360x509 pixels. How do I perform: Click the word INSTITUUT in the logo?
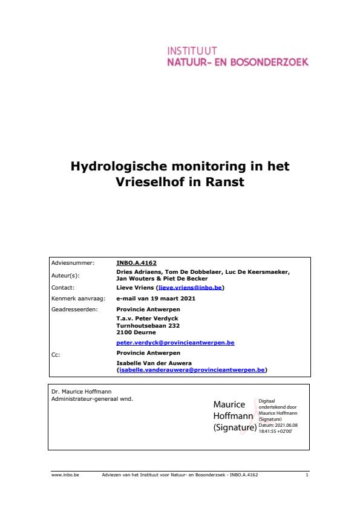(x=192, y=51)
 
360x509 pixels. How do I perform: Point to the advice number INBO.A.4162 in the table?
(x=136, y=263)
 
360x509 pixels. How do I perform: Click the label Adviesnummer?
(x=73, y=263)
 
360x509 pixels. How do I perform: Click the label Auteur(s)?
(x=65, y=275)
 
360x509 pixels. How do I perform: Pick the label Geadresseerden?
(x=74, y=309)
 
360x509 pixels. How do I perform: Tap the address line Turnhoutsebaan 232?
(x=143, y=325)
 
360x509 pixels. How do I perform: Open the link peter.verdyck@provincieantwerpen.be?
(x=175, y=343)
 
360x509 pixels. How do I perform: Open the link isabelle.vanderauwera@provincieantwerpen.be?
(x=192, y=369)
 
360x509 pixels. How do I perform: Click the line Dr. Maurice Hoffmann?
(x=81, y=392)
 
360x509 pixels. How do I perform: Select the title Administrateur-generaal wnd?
(x=92, y=398)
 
